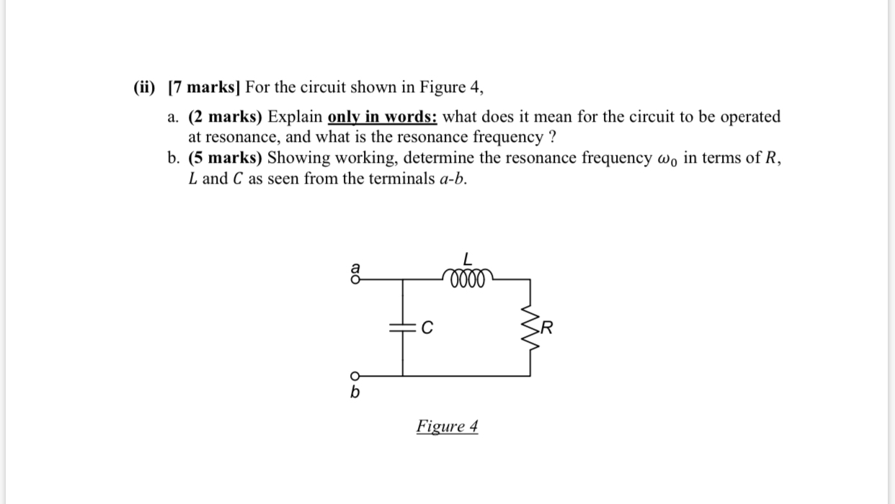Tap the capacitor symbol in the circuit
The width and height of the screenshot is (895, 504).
[x=402, y=328]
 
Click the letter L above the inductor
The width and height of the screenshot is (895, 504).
[x=467, y=258]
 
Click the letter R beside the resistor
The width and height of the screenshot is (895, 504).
[x=548, y=330]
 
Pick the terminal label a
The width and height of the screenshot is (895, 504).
[x=353, y=266]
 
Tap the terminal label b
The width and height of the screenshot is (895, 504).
[x=355, y=393]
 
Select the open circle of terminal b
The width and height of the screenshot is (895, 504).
[x=354, y=375]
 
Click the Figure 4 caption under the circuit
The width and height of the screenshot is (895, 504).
[x=447, y=426]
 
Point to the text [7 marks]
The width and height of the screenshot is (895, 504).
[x=204, y=88]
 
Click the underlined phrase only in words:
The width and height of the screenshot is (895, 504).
[x=382, y=117]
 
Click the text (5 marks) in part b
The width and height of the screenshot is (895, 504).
[x=226, y=158]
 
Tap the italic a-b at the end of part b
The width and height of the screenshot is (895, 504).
[x=452, y=179]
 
